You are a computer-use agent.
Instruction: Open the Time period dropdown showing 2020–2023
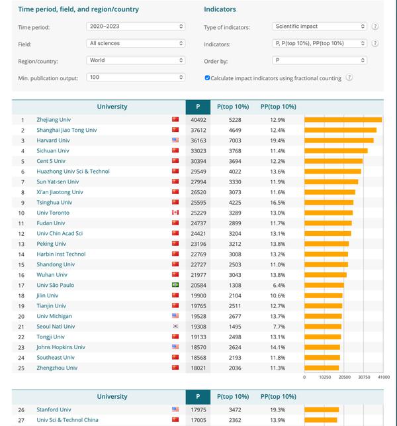tap(136, 27)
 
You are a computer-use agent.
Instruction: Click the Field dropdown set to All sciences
tap(136, 44)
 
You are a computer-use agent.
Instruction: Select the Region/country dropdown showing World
tap(136, 60)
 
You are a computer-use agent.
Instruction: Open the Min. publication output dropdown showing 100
tap(136, 78)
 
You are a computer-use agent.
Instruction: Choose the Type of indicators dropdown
tap(319, 27)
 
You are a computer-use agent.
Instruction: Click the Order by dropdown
tap(319, 60)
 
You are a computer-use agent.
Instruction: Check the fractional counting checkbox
tap(208, 78)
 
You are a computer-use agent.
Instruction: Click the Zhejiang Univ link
tap(53, 120)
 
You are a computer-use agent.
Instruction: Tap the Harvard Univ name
tap(53, 140)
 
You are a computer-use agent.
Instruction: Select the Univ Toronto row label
tap(53, 213)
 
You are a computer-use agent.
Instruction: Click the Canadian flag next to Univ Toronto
tap(175, 213)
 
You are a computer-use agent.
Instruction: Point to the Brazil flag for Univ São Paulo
tap(175, 285)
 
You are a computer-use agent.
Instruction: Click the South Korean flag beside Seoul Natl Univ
tap(175, 327)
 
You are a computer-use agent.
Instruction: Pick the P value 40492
tap(198, 120)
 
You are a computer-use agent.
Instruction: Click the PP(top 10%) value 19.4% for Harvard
tap(278, 140)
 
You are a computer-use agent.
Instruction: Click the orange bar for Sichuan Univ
tap(335, 151)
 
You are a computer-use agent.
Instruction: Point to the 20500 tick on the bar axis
tap(344, 377)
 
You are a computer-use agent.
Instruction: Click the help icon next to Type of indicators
tap(375, 27)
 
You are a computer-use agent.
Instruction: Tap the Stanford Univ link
tap(54, 409)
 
